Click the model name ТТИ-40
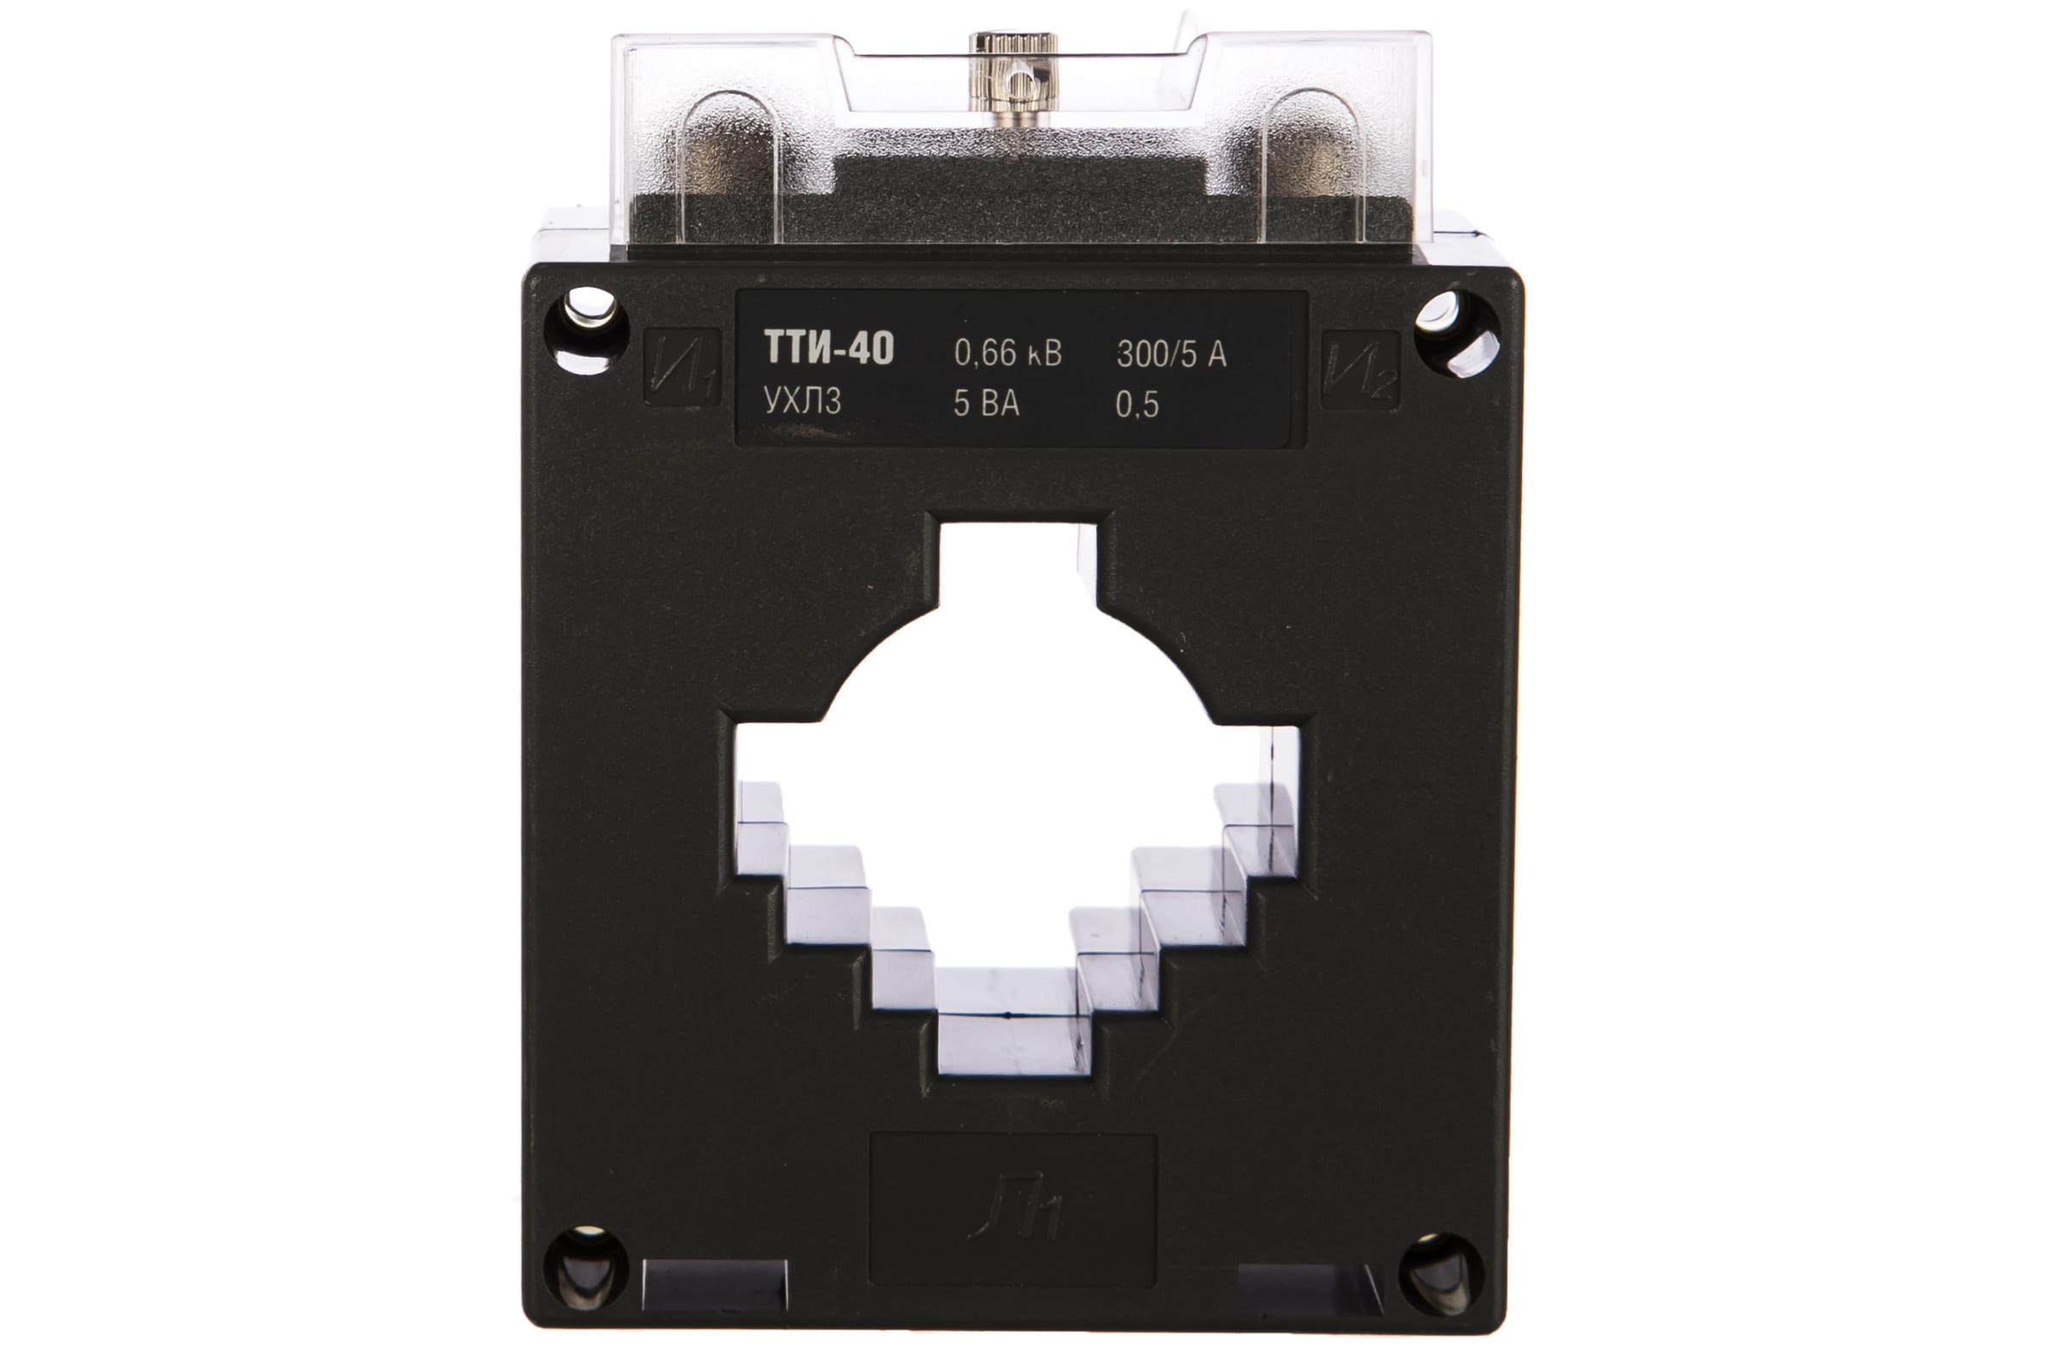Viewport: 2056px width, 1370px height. (828, 348)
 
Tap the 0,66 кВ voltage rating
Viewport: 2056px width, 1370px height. (1008, 353)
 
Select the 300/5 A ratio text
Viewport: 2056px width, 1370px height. (1171, 354)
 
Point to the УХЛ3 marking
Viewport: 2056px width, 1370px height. (803, 401)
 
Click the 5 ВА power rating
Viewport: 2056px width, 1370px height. (986, 402)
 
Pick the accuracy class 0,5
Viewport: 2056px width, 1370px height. (1138, 404)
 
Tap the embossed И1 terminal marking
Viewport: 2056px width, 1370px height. (683, 368)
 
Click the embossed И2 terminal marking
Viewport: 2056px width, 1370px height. (1360, 370)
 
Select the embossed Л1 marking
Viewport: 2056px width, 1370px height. (1015, 1210)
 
